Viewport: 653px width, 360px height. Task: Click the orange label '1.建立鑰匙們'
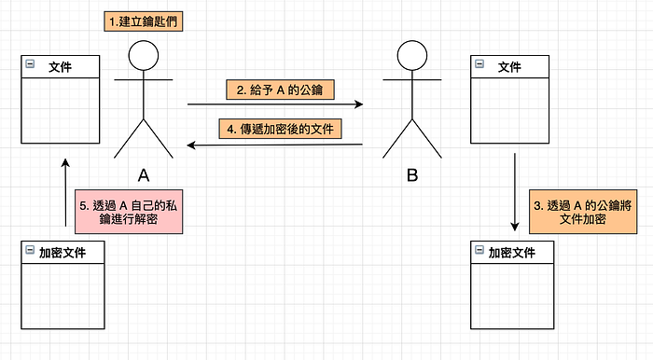(x=144, y=21)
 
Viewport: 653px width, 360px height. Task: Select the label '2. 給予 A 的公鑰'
(x=280, y=90)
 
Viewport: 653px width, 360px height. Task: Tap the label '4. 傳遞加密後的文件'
(x=280, y=129)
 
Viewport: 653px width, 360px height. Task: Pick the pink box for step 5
(x=129, y=212)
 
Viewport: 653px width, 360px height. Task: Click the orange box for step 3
(x=583, y=212)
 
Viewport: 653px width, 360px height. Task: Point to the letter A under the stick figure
(x=144, y=175)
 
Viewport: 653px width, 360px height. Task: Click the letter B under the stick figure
(x=412, y=175)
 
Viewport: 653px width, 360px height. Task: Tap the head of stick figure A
(x=144, y=55)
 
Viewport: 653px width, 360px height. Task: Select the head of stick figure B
(x=412, y=55)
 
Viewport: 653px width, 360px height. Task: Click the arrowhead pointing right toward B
(x=358, y=104)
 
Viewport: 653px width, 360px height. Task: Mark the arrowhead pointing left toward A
(x=191, y=145)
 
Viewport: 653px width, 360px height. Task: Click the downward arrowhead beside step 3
(x=515, y=227)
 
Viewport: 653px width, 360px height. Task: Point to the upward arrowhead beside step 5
(x=65, y=162)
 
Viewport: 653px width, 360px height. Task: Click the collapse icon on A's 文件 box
(x=30, y=63)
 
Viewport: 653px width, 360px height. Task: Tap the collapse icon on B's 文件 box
(x=479, y=63)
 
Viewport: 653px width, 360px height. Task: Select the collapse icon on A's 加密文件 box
(x=30, y=249)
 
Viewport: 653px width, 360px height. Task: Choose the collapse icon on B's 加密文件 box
(x=479, y=249)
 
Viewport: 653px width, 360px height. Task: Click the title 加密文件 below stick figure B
(x=512, y=253)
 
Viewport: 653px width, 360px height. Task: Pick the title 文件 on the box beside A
(x=60, y=67)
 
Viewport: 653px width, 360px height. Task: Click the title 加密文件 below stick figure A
(x=63, y=253)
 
